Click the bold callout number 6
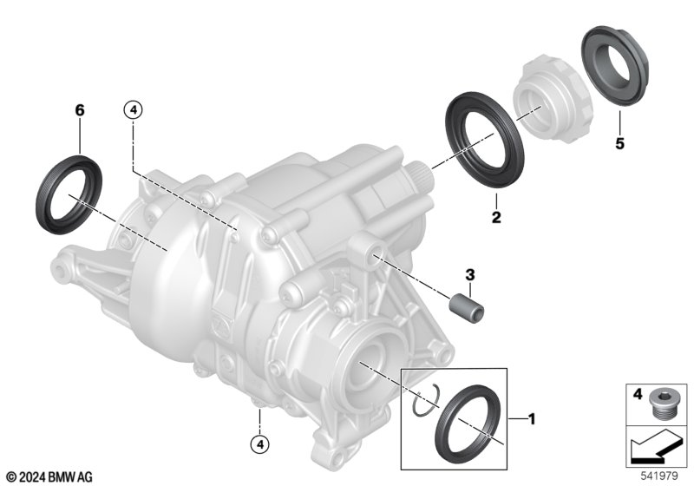(80, 110)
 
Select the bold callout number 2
(496, 217)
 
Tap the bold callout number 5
(619, 143)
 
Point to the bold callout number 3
(469, 274)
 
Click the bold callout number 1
(532, 418)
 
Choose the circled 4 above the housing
(134, 109)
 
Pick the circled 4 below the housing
(259, 444)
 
